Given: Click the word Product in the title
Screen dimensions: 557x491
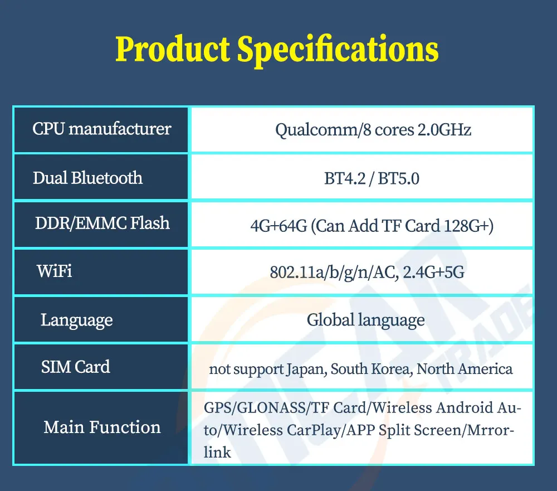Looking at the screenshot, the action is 173,49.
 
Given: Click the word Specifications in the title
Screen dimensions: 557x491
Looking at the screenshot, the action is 338,51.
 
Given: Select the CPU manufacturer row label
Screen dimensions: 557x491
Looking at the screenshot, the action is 102,129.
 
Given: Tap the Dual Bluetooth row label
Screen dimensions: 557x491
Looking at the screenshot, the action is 88,178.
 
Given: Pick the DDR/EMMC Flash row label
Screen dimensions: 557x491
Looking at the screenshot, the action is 102,223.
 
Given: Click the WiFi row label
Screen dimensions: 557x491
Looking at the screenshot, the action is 55,271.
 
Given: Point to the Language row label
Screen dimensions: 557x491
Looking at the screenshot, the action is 77,320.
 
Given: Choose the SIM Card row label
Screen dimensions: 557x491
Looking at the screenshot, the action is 76,367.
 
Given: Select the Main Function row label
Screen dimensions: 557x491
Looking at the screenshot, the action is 102,427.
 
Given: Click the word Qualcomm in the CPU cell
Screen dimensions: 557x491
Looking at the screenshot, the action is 317,130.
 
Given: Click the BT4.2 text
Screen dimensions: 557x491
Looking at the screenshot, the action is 345,178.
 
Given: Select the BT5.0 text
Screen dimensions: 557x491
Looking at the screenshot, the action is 399,178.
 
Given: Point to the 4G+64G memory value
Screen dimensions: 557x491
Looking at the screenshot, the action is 278,226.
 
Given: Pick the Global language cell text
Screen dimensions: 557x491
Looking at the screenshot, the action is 366,320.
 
